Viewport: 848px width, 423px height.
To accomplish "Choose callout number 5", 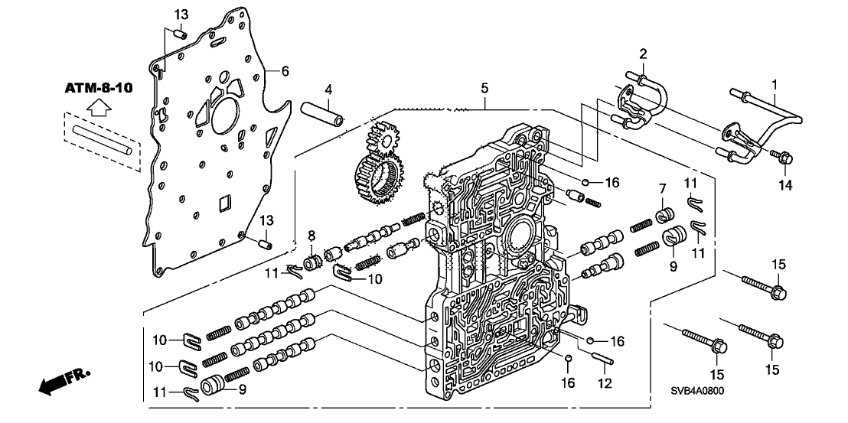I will coord(484,89).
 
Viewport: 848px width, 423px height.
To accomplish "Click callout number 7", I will coord(663,188).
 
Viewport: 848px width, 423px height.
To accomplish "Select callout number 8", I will coord(311,234).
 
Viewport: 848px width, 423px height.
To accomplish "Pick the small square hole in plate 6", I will coord(223,204).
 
